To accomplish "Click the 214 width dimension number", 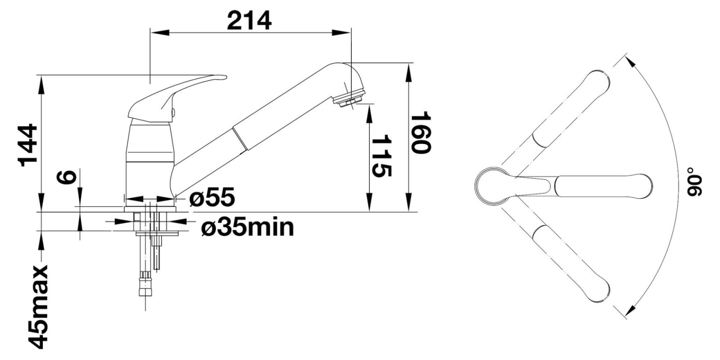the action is coord(249,21).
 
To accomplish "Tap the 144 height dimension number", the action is coord(29,145).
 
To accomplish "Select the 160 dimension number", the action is coord(421,132).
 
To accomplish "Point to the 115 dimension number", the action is coord(382,156).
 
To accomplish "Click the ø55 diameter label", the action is coord(212,197).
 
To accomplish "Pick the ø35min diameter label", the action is coord(247,228).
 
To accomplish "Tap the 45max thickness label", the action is coord(38,307).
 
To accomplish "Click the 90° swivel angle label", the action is coord(694,182).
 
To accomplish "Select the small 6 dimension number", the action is coord(67,177).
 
